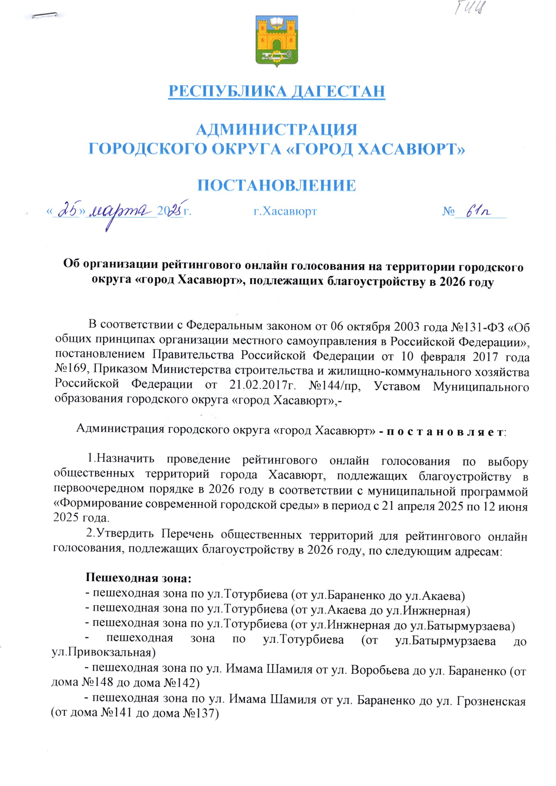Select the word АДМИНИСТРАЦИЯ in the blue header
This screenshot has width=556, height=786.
[277, 130]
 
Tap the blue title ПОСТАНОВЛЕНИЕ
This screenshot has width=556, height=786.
[277, 185]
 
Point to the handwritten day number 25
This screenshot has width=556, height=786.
[68, 212]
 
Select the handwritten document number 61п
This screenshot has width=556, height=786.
[478, 211]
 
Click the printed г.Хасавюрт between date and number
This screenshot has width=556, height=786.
[285, 211]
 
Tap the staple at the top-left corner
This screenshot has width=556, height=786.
[44, 15]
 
